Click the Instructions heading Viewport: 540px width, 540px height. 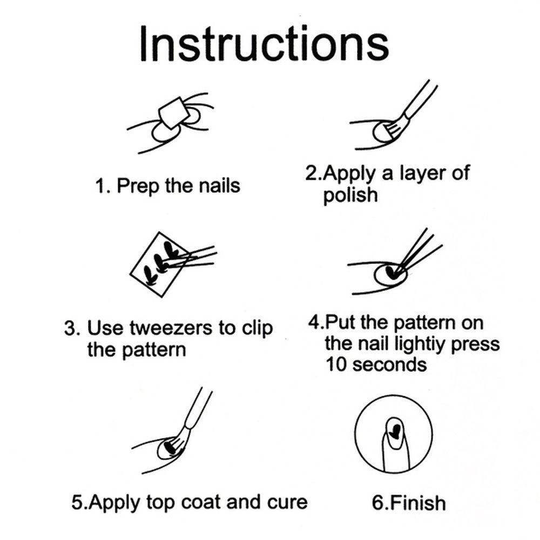pyautogui.click(x=264, y=44)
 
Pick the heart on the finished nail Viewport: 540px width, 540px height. pyautogui.click(x=396, y=431)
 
